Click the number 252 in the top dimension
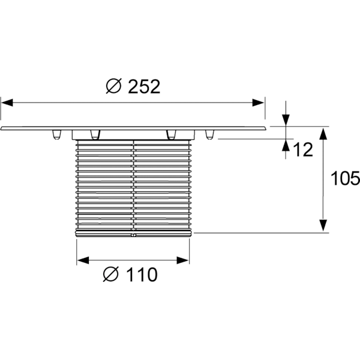145,87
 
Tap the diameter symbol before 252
113,87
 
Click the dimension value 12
304,150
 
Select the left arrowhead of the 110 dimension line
83,260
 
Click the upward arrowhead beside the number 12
286,145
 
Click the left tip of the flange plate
2,128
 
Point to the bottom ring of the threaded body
133,232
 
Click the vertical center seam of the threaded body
133,186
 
